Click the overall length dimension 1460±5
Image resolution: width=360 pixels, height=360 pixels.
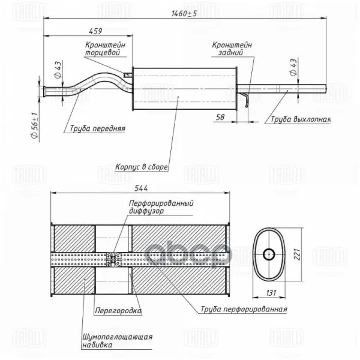click(184, 14)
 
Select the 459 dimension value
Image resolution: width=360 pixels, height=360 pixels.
click(95, 31)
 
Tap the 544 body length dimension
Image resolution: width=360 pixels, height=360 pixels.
click(141, 188)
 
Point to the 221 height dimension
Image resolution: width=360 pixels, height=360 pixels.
click(297, 254)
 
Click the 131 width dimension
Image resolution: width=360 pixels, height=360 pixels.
click(271, 293)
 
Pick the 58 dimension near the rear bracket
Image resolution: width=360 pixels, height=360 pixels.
click(220, 117)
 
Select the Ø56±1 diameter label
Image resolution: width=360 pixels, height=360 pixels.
click(34, 125)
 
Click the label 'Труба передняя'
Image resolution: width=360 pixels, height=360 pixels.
click(98, 128)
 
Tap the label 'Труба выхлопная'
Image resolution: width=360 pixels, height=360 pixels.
click(301, 119)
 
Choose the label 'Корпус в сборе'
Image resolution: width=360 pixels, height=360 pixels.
click(142, 167)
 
